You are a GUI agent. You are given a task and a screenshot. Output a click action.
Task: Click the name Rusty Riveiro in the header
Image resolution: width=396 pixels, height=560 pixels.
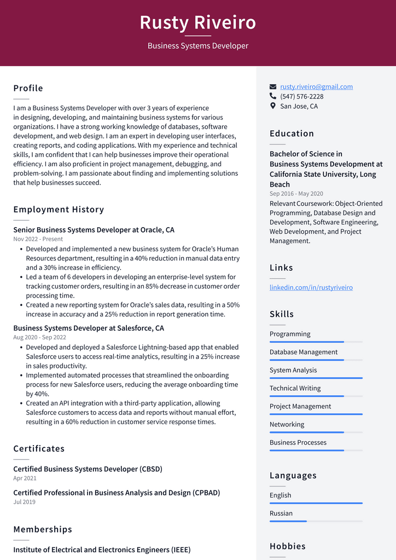[x=197, y=22]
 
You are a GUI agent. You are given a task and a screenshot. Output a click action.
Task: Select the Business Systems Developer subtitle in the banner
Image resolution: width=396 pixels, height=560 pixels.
[x=197, y=46]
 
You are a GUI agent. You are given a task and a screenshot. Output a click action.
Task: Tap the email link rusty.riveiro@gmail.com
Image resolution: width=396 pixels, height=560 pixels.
[x=316, y=86]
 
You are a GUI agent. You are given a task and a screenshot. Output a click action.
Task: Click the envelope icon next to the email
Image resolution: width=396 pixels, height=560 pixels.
[x=273, y=86]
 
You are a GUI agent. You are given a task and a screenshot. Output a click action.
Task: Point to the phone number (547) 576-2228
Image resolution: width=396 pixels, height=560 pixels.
[x=301, y=96]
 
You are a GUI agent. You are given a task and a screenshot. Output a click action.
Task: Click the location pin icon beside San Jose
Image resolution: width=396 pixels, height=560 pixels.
[x=273, y=106]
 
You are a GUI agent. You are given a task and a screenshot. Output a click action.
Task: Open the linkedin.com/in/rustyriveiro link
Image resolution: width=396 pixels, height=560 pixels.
[x=311, y=287]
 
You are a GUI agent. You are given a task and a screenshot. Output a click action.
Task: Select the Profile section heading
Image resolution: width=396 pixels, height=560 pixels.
[x=28, y=88]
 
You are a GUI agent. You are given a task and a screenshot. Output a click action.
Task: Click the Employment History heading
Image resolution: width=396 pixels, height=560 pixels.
[x=59, y=209]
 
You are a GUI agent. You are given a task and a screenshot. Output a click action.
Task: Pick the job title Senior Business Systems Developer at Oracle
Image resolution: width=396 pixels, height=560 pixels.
[x=94, y=230]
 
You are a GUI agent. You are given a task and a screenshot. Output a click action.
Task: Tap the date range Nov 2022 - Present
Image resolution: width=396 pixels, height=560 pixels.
[x=38, y=239]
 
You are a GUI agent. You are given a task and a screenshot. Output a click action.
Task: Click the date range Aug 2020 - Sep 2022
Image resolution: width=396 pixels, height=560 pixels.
[x=39, y=337]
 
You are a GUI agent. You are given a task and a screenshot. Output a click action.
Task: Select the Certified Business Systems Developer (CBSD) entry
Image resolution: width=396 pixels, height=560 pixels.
[x=88, y=469]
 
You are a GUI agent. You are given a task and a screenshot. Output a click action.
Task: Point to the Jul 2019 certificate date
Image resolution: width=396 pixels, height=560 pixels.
[x=24, y=502]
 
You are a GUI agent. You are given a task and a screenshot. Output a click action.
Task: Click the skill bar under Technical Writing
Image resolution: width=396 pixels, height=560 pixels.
[x=316, y=396]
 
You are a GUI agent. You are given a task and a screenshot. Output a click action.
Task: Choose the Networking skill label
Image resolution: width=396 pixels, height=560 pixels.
[x=287, y=424]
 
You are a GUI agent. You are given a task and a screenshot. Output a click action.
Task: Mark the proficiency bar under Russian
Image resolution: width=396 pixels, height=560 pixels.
[x=316, y=521]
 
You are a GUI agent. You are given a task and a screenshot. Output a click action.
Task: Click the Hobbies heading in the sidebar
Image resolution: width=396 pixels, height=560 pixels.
[x=287, y=546]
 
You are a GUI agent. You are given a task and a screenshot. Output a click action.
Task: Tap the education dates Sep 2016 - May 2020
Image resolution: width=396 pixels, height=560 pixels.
[x=296, y=194]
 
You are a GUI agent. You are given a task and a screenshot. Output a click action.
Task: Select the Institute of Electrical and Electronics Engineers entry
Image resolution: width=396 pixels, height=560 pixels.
[x=102, y=550]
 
